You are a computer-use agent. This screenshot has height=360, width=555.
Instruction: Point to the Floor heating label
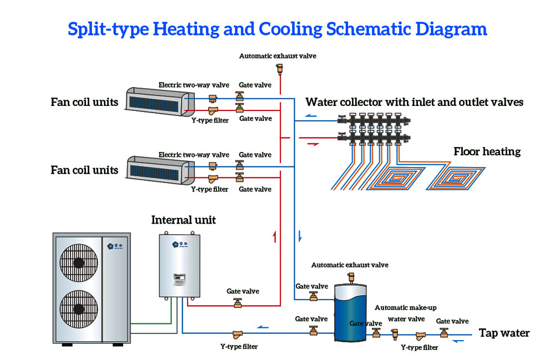487,151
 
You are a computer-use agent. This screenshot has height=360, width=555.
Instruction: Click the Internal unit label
183,220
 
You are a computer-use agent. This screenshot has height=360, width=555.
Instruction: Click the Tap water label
504,333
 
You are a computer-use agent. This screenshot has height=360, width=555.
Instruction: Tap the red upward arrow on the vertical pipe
274,237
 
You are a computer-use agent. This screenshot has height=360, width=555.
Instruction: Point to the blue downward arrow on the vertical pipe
300,236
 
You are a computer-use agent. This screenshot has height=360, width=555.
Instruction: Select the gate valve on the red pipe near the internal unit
238,303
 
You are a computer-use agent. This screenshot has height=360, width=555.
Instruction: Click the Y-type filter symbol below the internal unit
238,334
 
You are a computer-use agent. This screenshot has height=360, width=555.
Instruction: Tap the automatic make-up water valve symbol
396,333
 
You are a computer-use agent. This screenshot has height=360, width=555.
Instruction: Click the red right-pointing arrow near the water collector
313,143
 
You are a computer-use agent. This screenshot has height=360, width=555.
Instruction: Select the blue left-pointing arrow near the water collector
314,118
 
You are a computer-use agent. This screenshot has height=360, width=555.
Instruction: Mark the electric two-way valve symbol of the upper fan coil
213,99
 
